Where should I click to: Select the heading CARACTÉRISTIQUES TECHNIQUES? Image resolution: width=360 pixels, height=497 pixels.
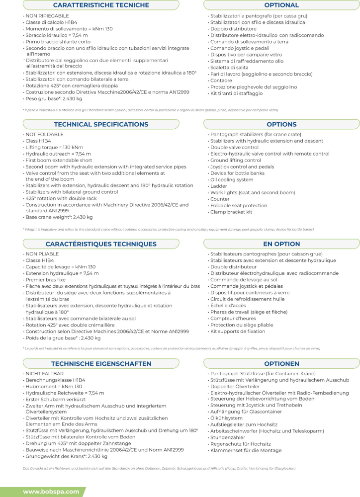tap(101, 244)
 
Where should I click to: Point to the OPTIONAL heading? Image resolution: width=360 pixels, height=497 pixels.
tap(281, 5)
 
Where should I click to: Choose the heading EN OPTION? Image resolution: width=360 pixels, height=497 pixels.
tap(281, 244)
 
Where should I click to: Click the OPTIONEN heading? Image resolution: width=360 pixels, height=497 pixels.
tap(281, 364)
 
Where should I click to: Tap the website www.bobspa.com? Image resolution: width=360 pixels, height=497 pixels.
tap(51, 492)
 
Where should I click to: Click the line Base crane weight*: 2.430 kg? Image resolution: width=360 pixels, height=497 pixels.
tap(59, 217)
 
